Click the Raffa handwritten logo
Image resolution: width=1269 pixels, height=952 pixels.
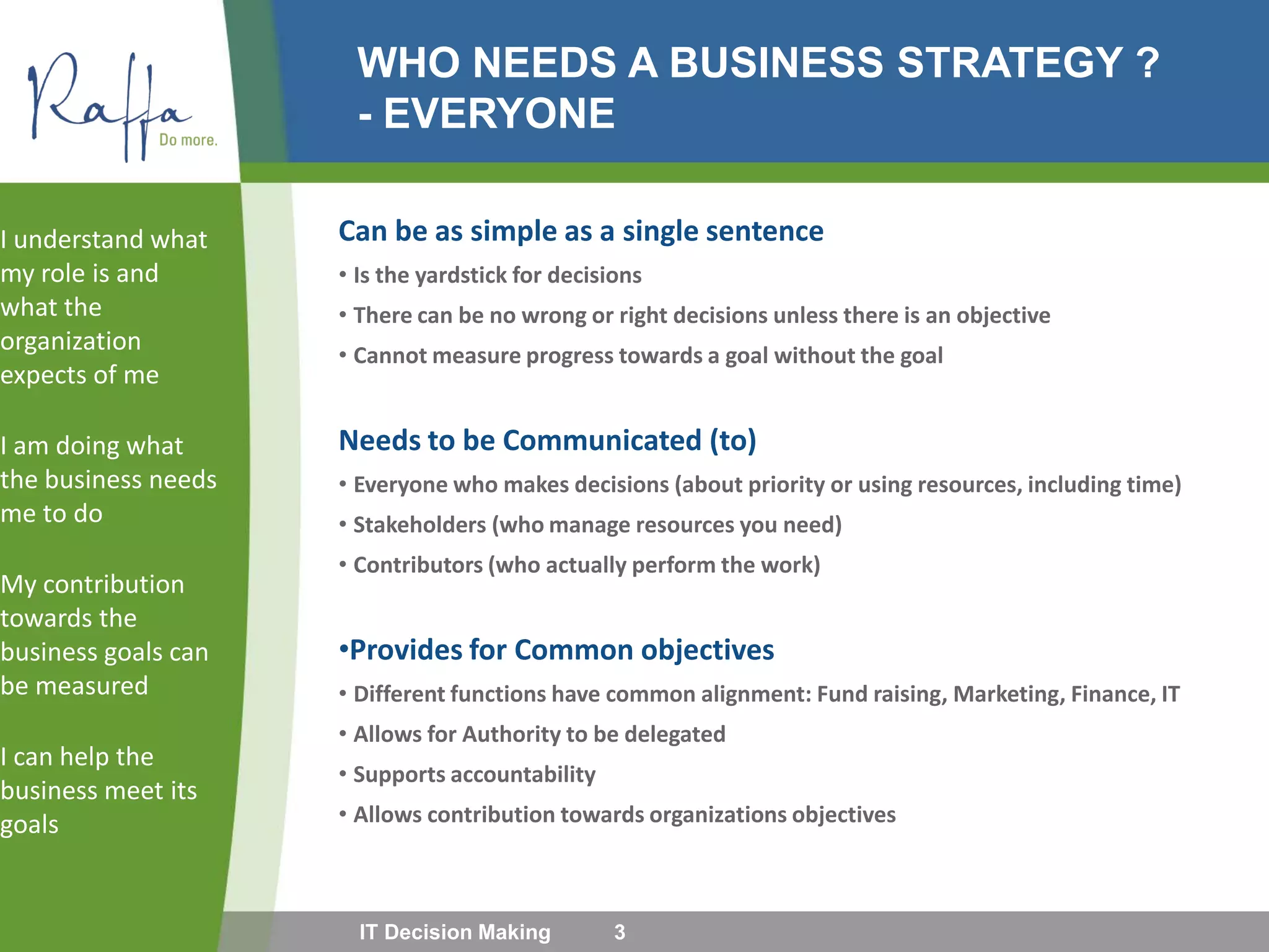tap(105, 102)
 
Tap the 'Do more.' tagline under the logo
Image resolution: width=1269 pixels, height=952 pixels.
tap(188, 140)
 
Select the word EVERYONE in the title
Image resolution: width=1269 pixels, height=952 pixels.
tap(499, 113)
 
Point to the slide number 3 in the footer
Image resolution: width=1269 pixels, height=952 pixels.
tap(619, 932)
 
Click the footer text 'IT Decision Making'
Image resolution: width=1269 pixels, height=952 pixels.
tap(455, 932)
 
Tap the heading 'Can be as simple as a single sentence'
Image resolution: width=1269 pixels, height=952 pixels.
tap(581, 231)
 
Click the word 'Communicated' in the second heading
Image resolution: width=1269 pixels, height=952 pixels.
tap(602, 441)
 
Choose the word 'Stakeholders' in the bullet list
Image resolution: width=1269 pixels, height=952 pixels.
tap(419, 525)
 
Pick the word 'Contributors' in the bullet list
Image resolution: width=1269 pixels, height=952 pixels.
tap(418, 565)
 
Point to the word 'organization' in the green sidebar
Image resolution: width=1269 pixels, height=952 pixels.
tap(71, 342)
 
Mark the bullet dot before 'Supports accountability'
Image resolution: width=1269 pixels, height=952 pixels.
tap(343, 774)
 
